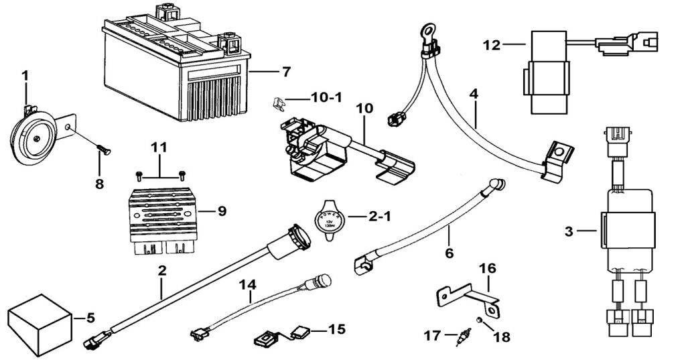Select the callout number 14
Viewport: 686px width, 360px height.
249,283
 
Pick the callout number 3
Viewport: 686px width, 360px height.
569,232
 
